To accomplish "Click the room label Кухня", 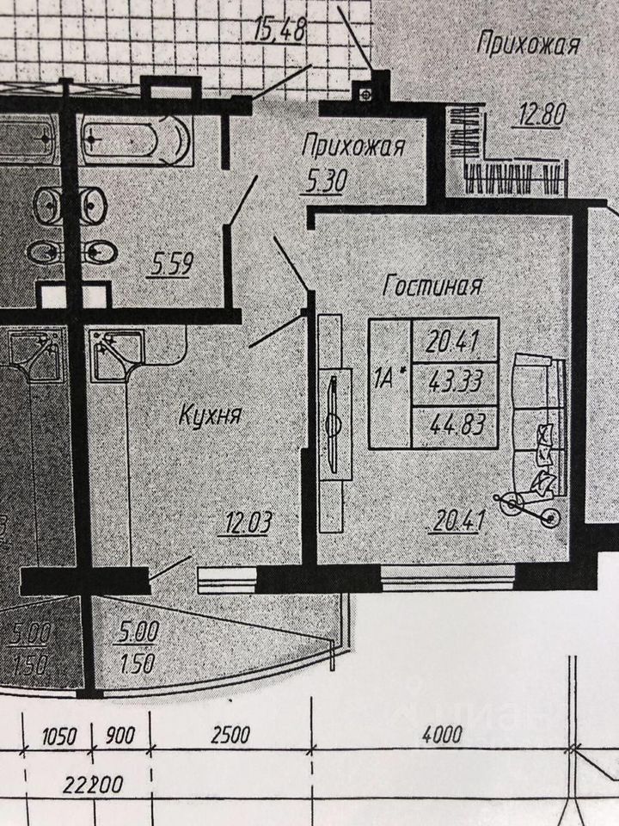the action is [x=210, y=416].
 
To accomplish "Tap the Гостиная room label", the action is [x=431, y=287].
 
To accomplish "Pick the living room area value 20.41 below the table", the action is [x=453, y=521].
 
